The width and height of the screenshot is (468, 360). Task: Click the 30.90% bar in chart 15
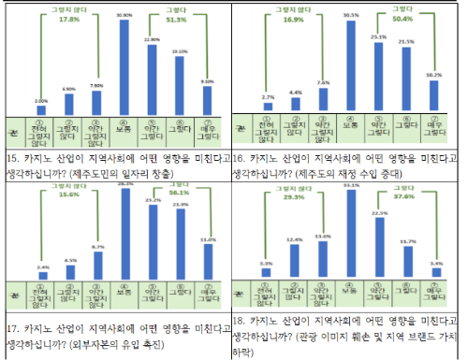(x=124, y=65)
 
